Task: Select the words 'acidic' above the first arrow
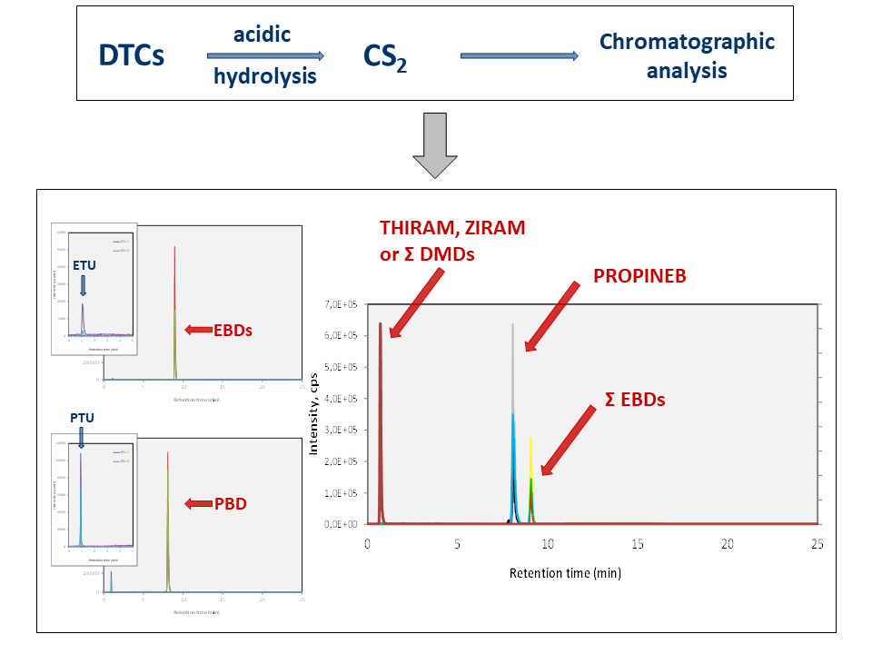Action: [x=262, y=35]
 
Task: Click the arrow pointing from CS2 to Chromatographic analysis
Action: [x=519, y=56]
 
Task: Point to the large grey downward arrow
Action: [x=436, y=145]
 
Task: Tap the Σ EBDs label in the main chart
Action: [x=636, y=399]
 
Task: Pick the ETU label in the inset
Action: [x=84, y=266]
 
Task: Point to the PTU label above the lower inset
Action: [x=82, y=418]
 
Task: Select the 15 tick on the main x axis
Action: [x=638, y=543]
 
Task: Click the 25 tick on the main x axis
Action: [x=817, y=543]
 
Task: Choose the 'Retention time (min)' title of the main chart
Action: [x=565, y=573]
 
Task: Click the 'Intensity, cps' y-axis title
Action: [x=314, y=413]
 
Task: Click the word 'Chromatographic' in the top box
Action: [x=687, y=42]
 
